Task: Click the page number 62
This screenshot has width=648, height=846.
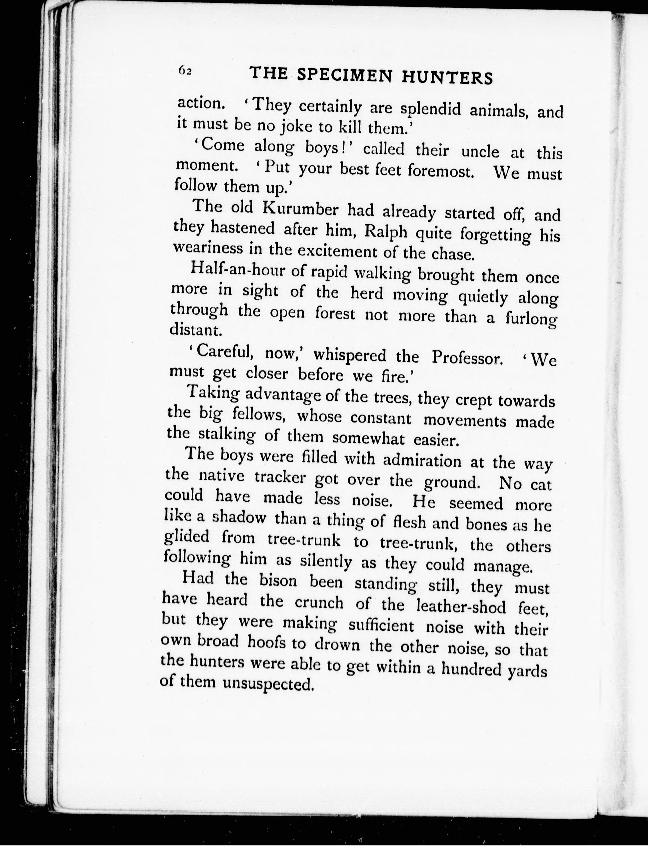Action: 185,71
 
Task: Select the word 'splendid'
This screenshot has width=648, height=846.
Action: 430,110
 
